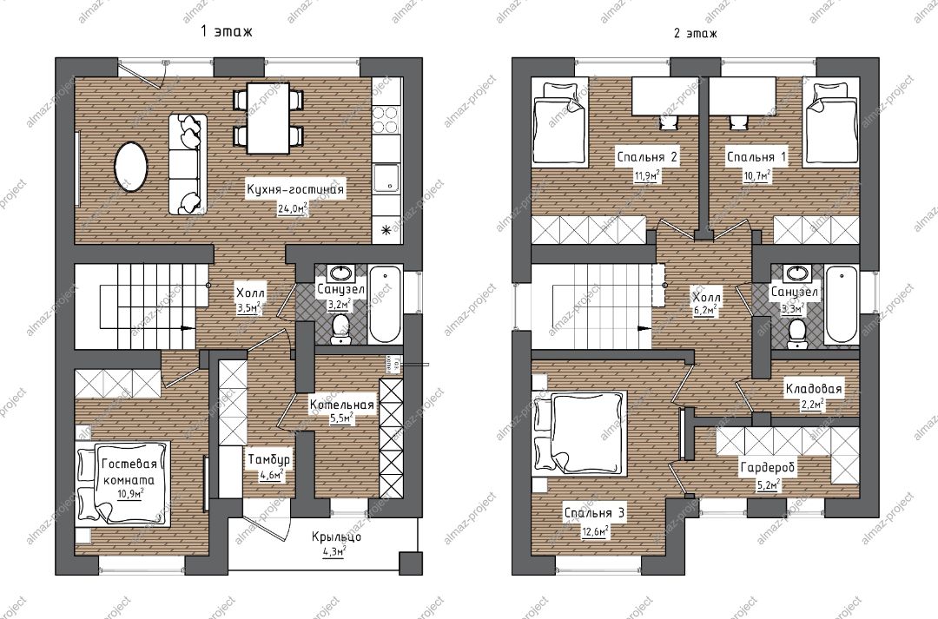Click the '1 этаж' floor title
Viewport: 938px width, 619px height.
click(227, 31)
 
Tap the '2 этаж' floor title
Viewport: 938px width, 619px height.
click(695, 33)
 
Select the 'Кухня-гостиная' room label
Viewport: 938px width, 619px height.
click(295, 189)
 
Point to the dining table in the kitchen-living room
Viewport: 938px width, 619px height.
click(268, 118)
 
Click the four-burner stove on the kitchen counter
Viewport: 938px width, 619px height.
click(386, 119)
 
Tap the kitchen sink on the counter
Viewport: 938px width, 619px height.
click(386, 178)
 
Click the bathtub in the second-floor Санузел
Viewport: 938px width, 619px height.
click(842, 305)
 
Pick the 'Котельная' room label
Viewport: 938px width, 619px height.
click(341, 405)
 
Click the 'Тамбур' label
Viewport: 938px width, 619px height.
click(268, 459)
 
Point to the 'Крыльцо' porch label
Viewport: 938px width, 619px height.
click(336, 537)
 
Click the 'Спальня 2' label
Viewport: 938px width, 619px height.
click(647, 156)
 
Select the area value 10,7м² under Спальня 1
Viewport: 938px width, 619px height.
click(756, 175)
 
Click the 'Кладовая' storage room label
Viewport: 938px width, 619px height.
click(814, 389)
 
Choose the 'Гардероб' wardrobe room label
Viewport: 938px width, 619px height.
click(768, 467)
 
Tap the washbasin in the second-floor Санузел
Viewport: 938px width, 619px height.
click(796, 274)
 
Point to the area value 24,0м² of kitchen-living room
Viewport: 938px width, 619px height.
click(294, 209)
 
